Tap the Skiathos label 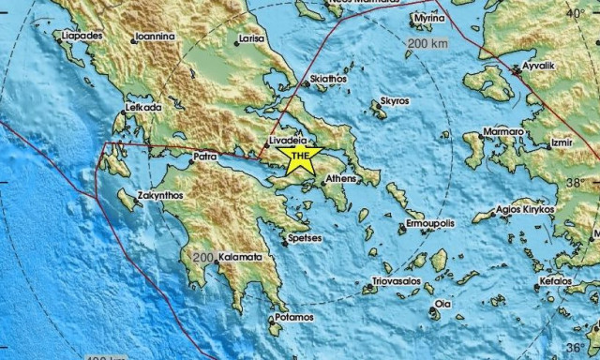click(x=329, y=80)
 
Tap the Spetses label click(x=305, y=238)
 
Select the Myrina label click(x=430, y=18)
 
